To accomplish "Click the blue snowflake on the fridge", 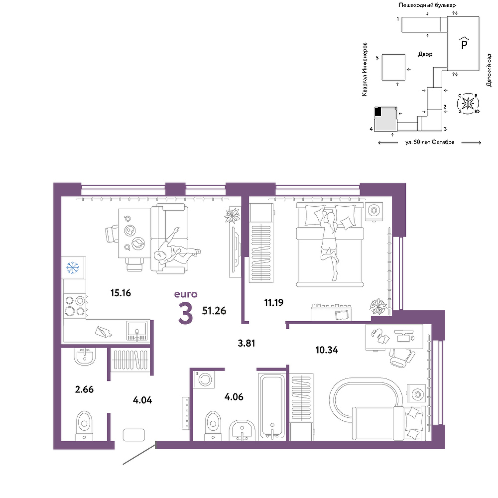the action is pyautogui.click(x=73, y=268).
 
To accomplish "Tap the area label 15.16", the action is pyautogui.click(x=121, y=293).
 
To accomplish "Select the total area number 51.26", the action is pyautogui.click(x=214, y=311).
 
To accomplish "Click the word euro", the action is pyautogui.click(x=186, y=294).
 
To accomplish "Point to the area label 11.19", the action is pyautogui.click(x=274, y=302).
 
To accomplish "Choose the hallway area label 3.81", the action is pyautogui.click(x=247, y=343).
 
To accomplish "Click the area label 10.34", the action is pyautogui.click(x=327, y=350).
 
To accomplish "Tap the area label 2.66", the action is pyautogui.click(x=84, y=389).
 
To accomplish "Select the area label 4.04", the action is pyautogui.click(x=142, y=400).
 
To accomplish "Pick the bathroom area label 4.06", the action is pyautogui.click(x=234, y=397).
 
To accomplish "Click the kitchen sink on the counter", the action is pyautogui.click(x=137, y=331).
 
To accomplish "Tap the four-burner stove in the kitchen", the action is pyautogui.click(x=75, y=306).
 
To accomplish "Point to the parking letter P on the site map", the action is pyautogui.click(x=464, y=44).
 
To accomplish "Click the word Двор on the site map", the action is pyautogui.click(x=425, y=54).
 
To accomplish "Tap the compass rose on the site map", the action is pyautogui.click(x=468, y=103).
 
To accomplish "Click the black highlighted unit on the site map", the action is pyautogui.click(x=377, y=112).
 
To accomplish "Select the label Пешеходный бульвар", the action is pyautogui.click(x=427, y=5).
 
